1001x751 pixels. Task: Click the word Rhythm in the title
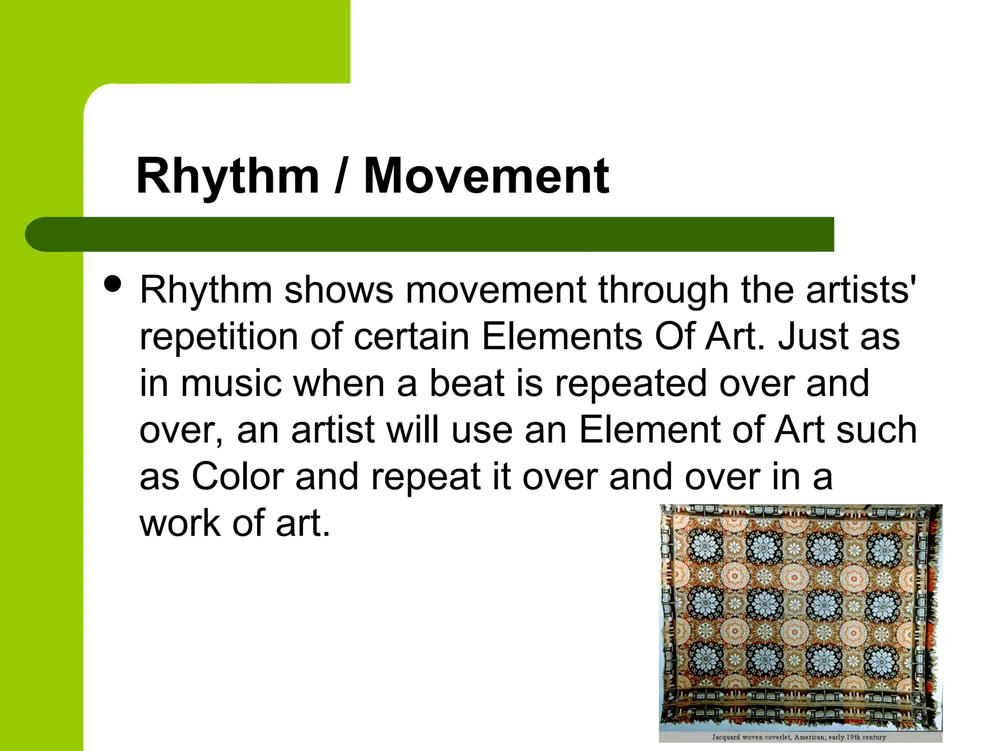pos(227,177)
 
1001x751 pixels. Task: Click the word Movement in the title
pos(486,177)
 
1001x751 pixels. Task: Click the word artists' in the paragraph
pos(861,290)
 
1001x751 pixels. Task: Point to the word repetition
pos(218,337)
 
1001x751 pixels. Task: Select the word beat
pos(466,383)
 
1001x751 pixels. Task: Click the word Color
pos(238,477)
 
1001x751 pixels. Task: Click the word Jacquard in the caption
pos(726,737)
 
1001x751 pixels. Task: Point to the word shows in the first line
pos(339,290)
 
